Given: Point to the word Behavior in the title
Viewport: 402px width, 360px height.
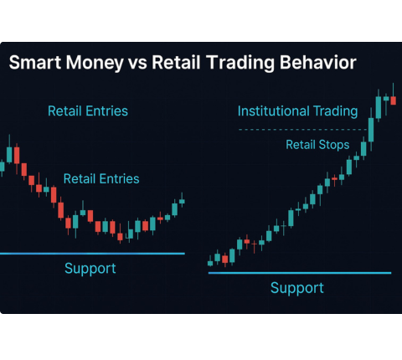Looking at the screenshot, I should [x=321, y=63].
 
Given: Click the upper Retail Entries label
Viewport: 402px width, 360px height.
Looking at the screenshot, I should [x=88, y=111].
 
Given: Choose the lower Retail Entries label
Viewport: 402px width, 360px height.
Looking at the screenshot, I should [x=101, y=178].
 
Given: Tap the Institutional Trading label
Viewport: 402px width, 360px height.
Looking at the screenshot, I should [x=297, y=111].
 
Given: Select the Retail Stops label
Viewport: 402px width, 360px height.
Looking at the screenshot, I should [x=317, y=145].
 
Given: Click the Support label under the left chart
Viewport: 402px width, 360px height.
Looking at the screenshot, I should [x=90, y=268].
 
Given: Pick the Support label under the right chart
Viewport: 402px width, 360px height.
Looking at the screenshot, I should [x=296, y=287].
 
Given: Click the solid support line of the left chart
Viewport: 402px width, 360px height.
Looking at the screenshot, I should [x=92, y=253].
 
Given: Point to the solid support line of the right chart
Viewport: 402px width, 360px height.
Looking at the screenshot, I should [x=299, y=272].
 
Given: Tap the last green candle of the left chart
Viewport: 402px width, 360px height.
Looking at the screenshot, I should [x=182, y=202].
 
